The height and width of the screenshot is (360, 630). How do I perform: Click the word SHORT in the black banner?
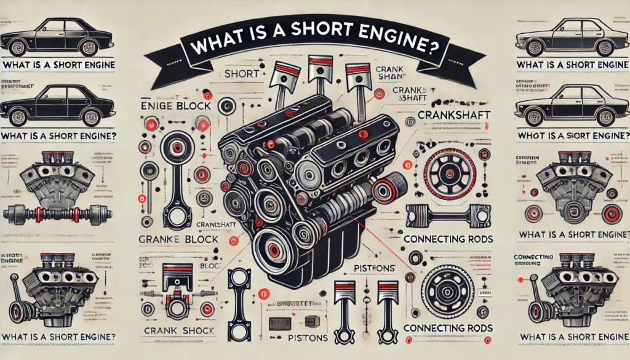pyautogui.click(x=284, y=47)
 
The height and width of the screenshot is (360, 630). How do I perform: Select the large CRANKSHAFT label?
pyautogui.click(x=450, y=115)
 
